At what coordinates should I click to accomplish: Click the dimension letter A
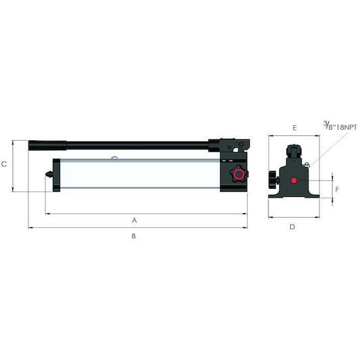[134, 221]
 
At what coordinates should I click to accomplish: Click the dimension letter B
[133, 235]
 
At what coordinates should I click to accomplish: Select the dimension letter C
[4, 164]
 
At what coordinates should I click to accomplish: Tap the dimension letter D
[292, 227]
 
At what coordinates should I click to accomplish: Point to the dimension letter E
[294, 128]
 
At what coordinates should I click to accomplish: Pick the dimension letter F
[337, 189]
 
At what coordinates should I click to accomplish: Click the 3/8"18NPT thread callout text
[340, 126]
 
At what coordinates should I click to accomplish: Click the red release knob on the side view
[239, 175]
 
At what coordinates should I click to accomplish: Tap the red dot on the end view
[294, 181]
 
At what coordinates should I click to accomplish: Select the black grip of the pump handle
[47, 145]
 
